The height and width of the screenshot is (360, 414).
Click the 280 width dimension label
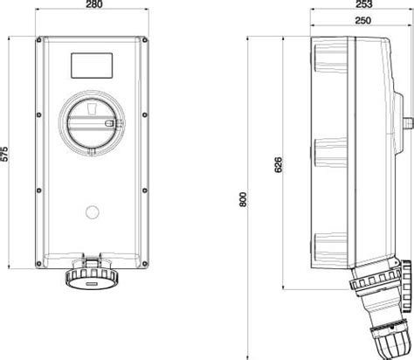[x=94, y=4]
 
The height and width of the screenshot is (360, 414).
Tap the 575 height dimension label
[x=4, y=154]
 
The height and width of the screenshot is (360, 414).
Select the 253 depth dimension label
[x=363, y=3]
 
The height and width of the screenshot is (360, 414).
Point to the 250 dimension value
[x=363, y=20]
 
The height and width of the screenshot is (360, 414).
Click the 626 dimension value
[x=279, y=165]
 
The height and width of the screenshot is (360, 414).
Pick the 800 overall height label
[x=243, y=199]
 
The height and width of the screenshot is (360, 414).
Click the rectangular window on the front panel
[x=92, y=66]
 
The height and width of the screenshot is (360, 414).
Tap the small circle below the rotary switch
[x=93, y=212]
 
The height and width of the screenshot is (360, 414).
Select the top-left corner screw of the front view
[x=38, y=40]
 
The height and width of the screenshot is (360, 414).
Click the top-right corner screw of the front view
[x=145, y=40]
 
